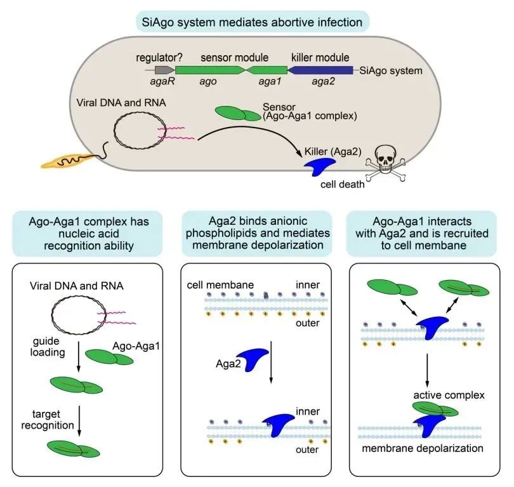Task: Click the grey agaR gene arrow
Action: pos(164,71)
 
